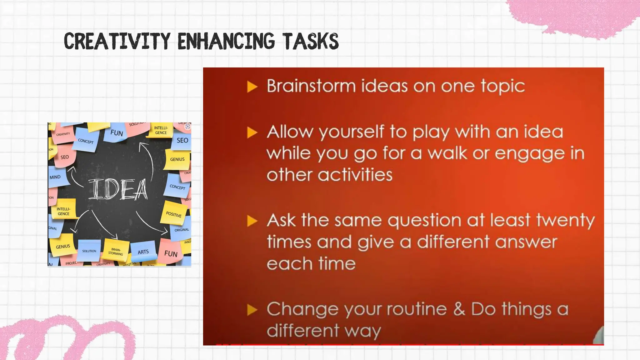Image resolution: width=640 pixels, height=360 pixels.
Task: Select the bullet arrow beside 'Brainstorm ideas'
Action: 252,87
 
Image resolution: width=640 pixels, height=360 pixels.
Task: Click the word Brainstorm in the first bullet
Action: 311,86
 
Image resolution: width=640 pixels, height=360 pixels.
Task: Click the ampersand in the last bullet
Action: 459,309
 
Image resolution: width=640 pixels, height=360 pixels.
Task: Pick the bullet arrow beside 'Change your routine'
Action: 252,310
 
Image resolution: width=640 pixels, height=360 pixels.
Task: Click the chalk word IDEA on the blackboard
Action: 118,189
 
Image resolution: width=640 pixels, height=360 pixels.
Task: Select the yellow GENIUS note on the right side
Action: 177,159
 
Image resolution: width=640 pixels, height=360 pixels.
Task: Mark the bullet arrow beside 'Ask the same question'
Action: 252,221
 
